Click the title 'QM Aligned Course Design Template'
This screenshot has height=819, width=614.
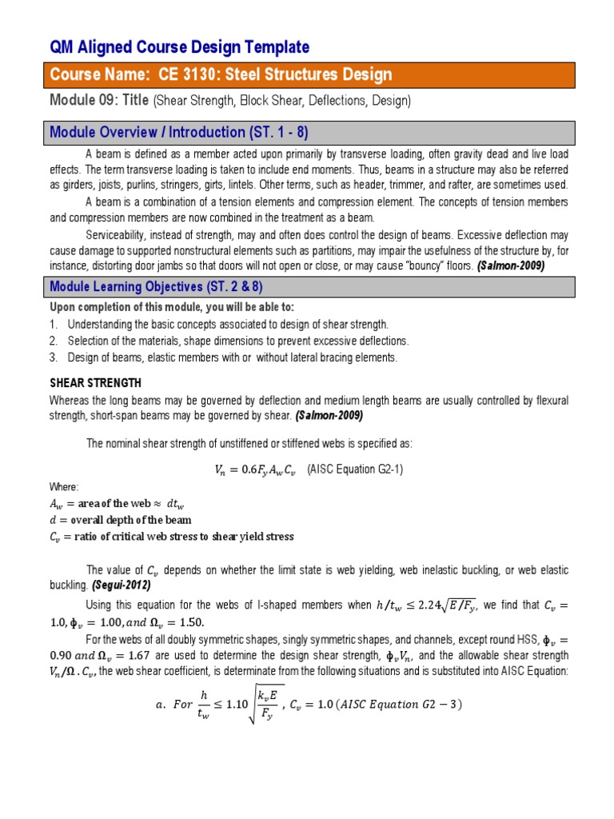coord(179,47)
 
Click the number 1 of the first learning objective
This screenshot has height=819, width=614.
coord(53,325)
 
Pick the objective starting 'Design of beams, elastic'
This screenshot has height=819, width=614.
coord(232,358)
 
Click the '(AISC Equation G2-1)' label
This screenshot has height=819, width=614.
coord(355,469)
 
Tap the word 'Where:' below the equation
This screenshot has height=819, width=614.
coord(64,486)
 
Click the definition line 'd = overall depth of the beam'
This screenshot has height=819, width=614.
coord(120,519)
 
